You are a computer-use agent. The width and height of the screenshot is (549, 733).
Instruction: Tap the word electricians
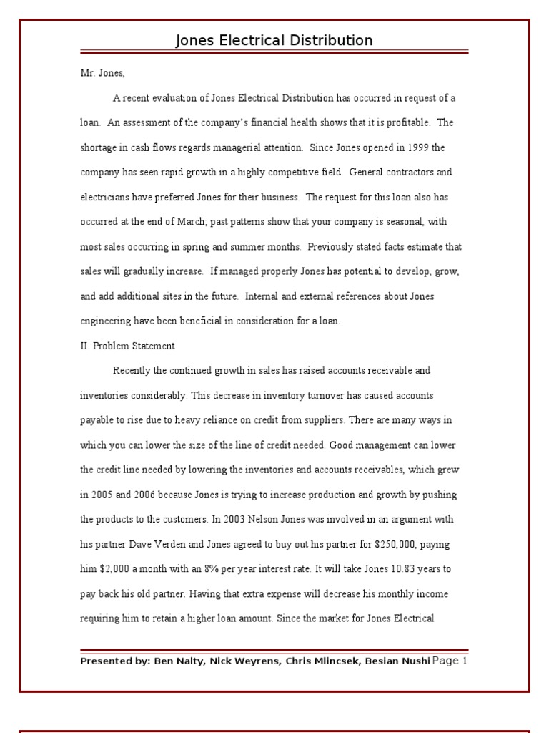coord(103,197)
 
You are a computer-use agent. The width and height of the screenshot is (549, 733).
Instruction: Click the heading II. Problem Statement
coord(127,346)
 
